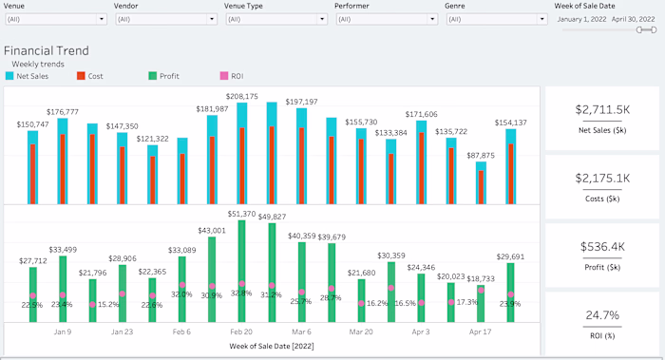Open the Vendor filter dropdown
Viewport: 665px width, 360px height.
click(x=162, y=18)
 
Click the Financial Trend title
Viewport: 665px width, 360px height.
click(x=47, y=50)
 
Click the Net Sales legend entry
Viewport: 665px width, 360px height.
click(x=28, y=75)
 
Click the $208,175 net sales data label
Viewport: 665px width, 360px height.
click(x=241, y=97)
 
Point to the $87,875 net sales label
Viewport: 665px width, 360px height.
click(x=481, y=155)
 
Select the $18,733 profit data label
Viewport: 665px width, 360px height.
click(x=481, y=279)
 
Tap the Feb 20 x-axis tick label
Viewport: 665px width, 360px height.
click(x=241, y=332)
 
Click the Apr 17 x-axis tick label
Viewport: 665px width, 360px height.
click(x=481, y=332)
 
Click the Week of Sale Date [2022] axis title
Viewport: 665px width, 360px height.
click(x=272, y=346)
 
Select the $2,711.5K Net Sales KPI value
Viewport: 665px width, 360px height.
click(x=601, y=109)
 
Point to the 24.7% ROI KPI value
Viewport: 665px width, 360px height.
click(x=601, y=314)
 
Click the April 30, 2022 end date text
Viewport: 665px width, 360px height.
click(x=633, y=18)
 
